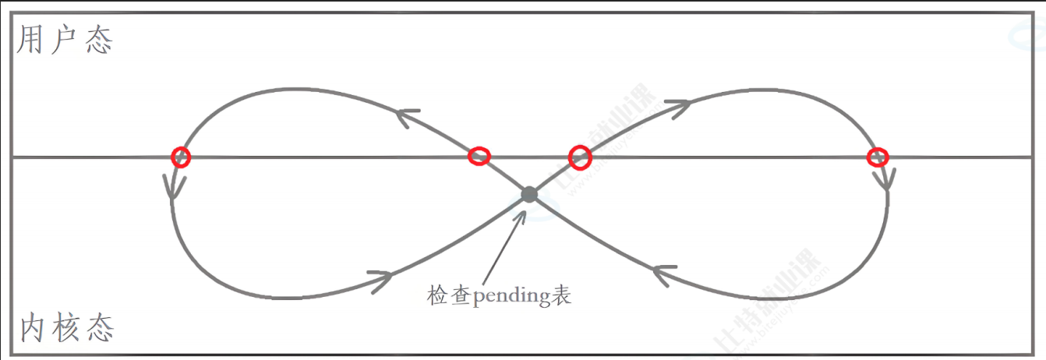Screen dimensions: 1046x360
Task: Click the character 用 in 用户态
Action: [30, 41]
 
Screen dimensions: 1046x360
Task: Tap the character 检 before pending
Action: [436, 296]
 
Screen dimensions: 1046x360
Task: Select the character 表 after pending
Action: [562, 296]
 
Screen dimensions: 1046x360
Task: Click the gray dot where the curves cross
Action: [529, 194]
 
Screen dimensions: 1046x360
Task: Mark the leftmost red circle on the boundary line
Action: [181, 157]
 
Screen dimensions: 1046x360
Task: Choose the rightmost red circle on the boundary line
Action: [878, 157]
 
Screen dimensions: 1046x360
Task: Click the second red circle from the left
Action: [479, 157]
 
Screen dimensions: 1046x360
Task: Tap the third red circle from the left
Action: [579, 157]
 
